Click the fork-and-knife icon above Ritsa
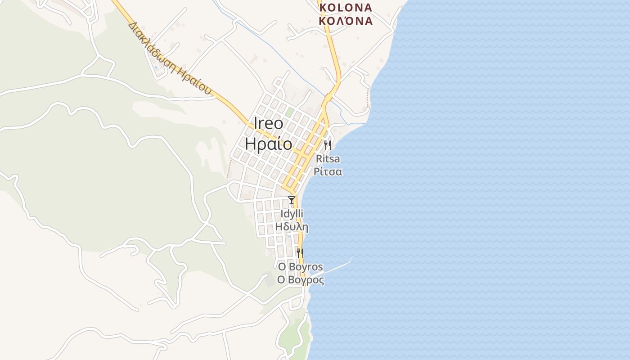pyautogui.click(x=328, y=145)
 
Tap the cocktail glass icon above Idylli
pyautogui.click(x=292, y=200)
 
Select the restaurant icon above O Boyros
pyautogui.click(x=300, y=253)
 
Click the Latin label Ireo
pyautogui.click(x=269, y=124)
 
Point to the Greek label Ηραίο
pyautogui.click(x=269, y=144)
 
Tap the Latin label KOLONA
pyautogui.click(x=346, y=8)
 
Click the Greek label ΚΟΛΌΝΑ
pyautogui.click(x=346, y=21)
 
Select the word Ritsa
pyautogui.click(x=328, y=159)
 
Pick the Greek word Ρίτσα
pyautogui.click(x=328, y=171)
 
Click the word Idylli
pyautogui.click(x=292, y=213)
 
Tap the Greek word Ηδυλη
pyautogui.click(x=292, y=226)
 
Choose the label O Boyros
pyautogui.click(x=300, y=267)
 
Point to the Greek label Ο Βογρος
pyautogui.click(x=301, y=280)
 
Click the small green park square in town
pyautogui.click(x=289, y=112)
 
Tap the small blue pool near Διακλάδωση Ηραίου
pyautogui.click(x=156, y=67)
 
